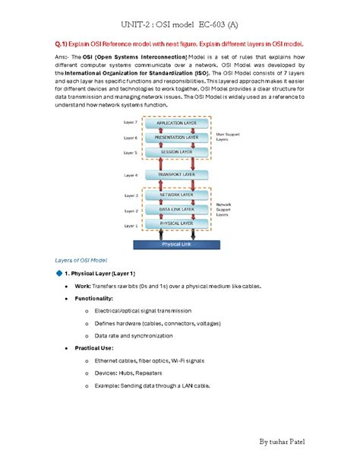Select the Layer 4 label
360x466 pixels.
coord(131,175)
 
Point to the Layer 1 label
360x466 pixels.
coord(131,226)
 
